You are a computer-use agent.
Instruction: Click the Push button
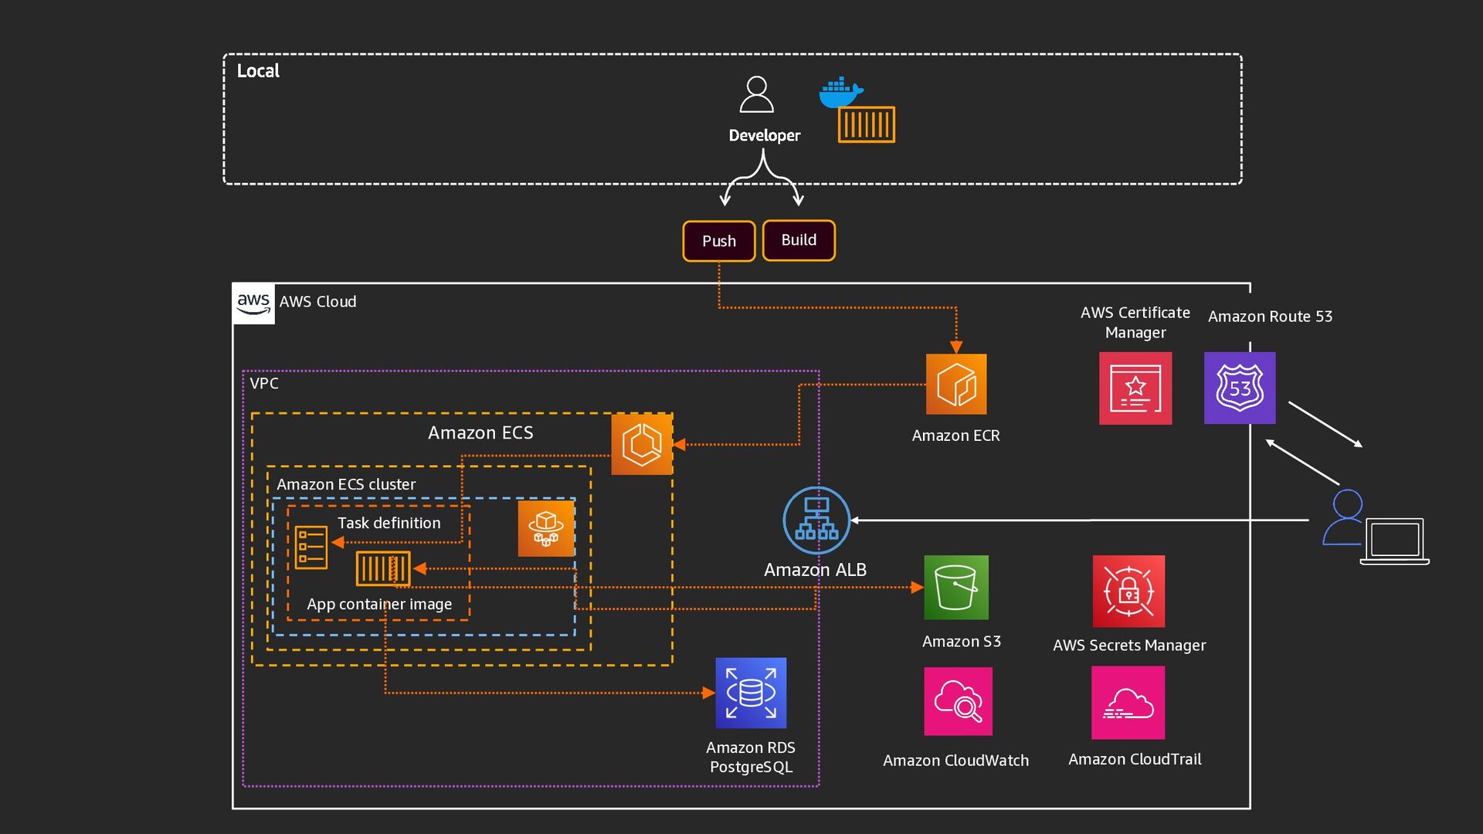point(718,241)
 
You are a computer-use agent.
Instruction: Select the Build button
point(799,240)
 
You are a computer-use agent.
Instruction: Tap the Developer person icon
point(756,95)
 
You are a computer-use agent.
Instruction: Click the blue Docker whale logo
point(840,92)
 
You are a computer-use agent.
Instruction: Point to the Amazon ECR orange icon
point(956,385)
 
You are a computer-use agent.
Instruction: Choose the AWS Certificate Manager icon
point(1135,388)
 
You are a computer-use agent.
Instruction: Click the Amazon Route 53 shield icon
point(1240,388)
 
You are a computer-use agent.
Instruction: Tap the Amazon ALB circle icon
point(816,520)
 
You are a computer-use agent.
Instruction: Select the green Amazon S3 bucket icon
point(956,588)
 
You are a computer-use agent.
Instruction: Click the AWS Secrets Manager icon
point(1128,592)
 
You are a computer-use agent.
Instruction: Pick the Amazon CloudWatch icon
point(958,701)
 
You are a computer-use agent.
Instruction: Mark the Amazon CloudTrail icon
point(1128,703)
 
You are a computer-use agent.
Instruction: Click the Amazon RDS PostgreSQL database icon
point(751,693)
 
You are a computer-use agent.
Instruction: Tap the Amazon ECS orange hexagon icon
point(642,445)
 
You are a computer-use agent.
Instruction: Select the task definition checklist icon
point(311,547)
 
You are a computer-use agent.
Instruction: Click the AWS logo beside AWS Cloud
point(253,303)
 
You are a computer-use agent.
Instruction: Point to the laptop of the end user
point(1394,541)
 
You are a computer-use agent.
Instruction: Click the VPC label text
point(264,384)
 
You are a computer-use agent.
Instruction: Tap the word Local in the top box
point(258,71)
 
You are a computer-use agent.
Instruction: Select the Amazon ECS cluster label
point(346,485)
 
